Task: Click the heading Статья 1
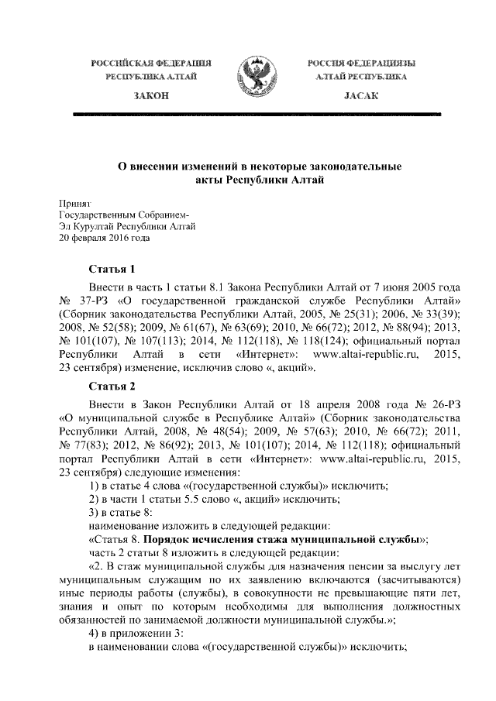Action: pos(112,270)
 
